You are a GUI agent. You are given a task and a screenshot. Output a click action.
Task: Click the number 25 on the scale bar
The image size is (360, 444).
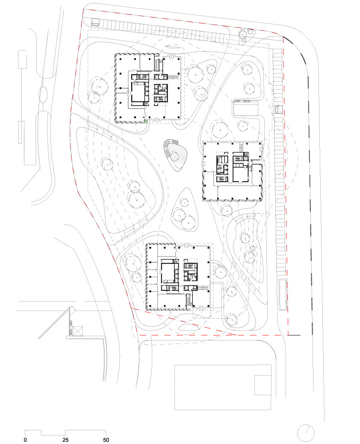(65, 440)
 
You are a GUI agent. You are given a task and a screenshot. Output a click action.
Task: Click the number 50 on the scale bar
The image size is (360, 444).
(106, 440)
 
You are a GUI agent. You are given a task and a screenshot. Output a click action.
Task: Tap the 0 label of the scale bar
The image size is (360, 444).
(25, 440)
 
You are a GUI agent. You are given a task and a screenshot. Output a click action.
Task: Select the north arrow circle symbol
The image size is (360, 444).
(306, 433)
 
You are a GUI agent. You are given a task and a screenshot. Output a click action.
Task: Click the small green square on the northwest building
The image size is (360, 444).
(146, 121)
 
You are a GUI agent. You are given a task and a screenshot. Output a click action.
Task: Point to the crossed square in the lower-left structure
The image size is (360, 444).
(77, 331)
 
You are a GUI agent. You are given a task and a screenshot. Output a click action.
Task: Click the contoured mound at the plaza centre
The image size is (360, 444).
(175, 155)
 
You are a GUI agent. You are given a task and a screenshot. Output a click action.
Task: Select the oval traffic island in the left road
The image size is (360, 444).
(43, 95)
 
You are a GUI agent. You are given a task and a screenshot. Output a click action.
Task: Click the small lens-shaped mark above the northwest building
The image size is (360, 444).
(174, 47)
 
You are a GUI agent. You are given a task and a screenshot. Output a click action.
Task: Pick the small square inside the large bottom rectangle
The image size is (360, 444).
(263, 385)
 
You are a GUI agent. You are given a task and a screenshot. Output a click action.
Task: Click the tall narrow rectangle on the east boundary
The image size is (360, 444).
(283, 294)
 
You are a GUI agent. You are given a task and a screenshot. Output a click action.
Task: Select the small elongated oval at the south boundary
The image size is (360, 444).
(189, 327)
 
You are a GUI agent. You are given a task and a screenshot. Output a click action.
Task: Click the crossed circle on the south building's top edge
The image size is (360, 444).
(186, 246)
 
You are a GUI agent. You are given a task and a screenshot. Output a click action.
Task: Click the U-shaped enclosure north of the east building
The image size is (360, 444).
(246, 108)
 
